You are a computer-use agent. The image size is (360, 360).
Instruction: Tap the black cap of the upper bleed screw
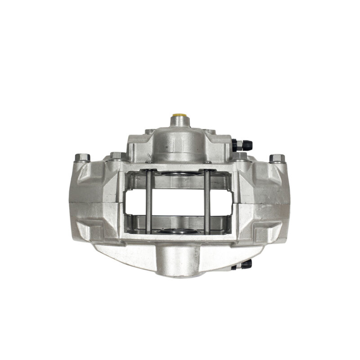click(x=247, y=145)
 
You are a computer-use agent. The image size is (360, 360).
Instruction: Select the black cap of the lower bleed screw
click(x=247, y=264)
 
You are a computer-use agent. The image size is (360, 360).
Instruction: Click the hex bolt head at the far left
click(x=83, y=157)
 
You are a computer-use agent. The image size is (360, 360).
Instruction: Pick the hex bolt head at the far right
click(x=278, y=158)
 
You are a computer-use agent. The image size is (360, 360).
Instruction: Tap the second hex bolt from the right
click(x=242, y=156)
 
